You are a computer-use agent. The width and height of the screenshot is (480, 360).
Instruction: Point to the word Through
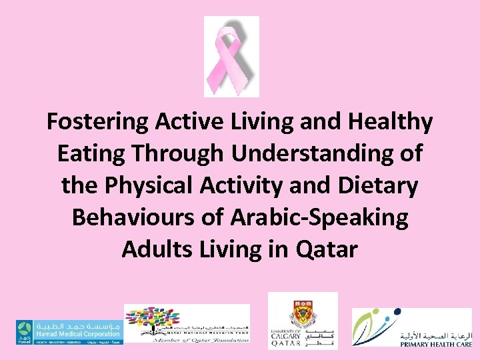coord(177,154)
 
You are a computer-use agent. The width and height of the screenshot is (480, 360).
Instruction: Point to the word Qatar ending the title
coord(326,249)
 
